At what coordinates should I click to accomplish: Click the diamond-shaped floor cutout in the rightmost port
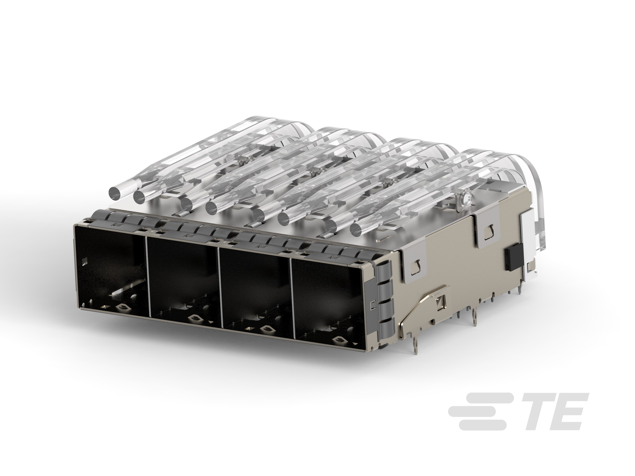[x=339, y=340]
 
